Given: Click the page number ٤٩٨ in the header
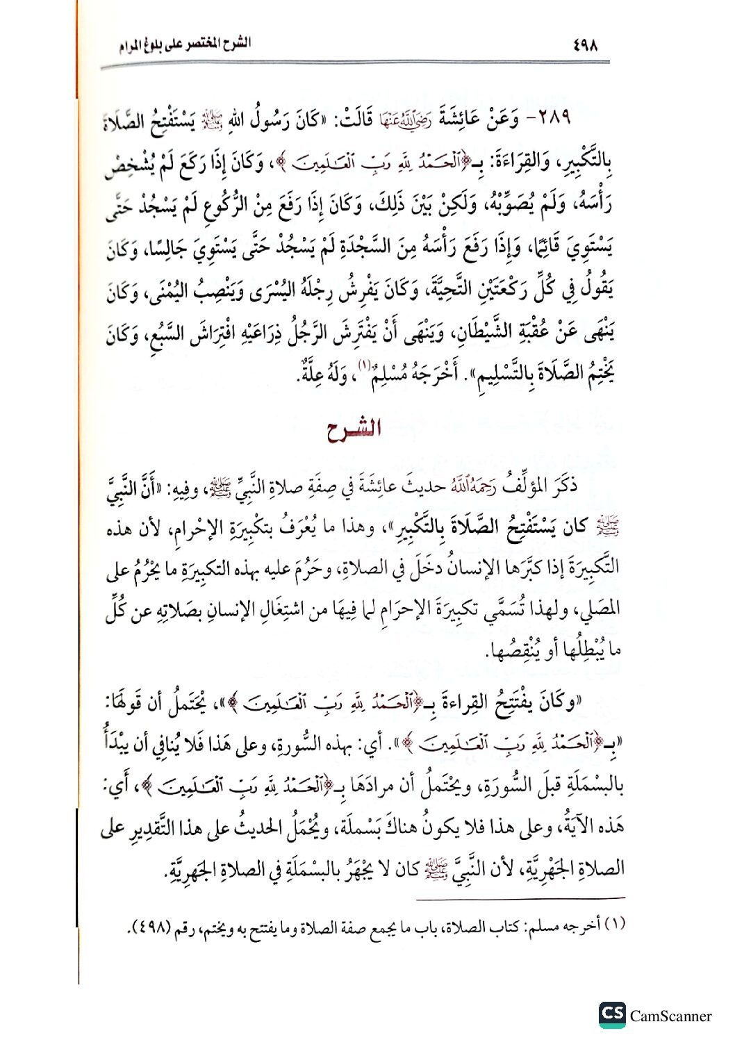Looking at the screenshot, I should [x=586, y=46].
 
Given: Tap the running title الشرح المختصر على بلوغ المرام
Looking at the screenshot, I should [x=184, y=46].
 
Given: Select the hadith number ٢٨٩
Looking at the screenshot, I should [x=550, y=119].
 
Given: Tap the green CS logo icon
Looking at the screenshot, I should [x=612, y=1014].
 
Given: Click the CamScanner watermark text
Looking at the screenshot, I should [x=670, y=1016].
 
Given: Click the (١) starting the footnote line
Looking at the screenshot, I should [x=615, y=925].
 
